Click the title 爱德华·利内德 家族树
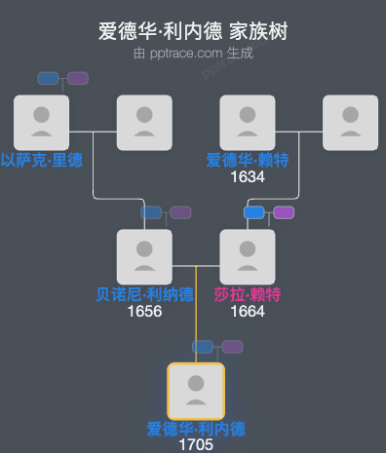tap(193, 32)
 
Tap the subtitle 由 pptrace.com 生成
tap(193, 53)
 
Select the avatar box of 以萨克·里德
tap(41, 122)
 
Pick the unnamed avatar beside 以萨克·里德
tap(144, 122)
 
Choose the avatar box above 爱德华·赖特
tap(248, 122)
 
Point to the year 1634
tap(248, 177)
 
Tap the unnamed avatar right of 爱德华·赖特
tap(350, 122)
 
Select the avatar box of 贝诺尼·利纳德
tap(144, 256)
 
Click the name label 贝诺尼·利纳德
tap(144, 295)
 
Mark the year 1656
tap(144, 312)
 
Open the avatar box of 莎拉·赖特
tap(248, 256)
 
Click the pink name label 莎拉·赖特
tap(248, 295)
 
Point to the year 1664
tap(248, 312)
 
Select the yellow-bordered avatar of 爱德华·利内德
tap(196, 391)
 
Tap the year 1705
tap(196, 445)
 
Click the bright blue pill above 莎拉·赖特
tap(254, 212)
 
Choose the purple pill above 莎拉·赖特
tap(284, 212)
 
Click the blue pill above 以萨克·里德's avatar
tap(48, 78)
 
